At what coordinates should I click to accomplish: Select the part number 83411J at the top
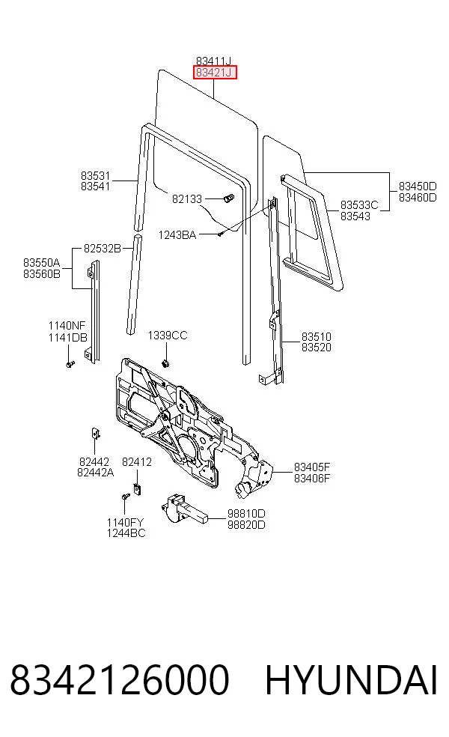(x=214, y=61)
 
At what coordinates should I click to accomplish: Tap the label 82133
(x=187, y=198)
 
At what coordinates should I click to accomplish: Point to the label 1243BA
(x=177, y=234)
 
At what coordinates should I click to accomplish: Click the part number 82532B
(x=103, y=248)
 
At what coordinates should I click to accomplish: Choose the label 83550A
(x=42, y=262)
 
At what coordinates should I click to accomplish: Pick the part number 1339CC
(x=167, y=335)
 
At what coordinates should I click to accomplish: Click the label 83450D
(x=418, y=186)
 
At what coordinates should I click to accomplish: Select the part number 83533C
(x=359, y=205)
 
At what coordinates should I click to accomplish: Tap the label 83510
(x=316, y=336)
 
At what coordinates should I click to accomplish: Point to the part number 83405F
(x=312, y=467)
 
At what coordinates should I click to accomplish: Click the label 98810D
(x=246, y=513)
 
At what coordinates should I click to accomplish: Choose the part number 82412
(x=137, y=462)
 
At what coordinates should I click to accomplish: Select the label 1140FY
(x=126, y=522)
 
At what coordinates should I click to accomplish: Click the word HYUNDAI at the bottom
(x=352, y=679)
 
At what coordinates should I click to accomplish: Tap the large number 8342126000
(x=120, y=679)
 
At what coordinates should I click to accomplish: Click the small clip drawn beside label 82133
(x=228, y=198)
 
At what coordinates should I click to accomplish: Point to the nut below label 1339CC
(x=165, y=363)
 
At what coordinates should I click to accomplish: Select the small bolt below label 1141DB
(x=70, y=364)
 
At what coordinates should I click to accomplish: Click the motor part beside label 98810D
(x=184, y=509)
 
